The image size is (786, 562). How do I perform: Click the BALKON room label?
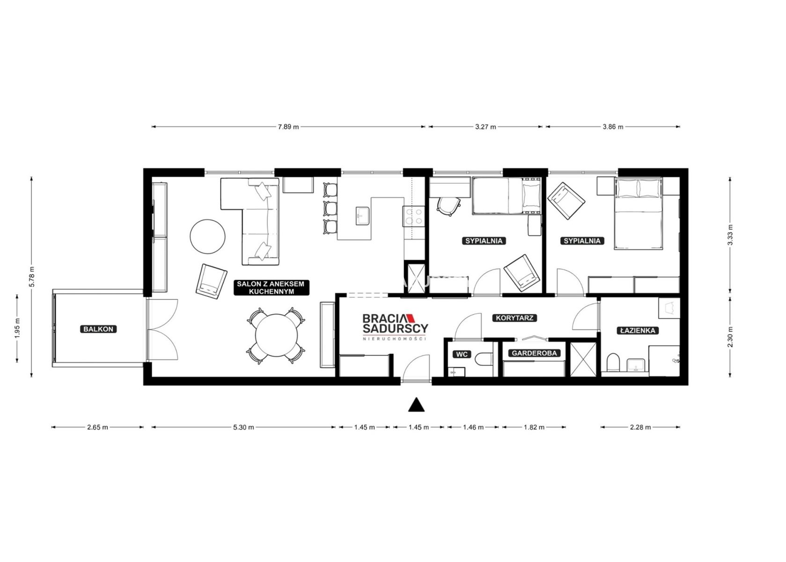[x=98, y=329]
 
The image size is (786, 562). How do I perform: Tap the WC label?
[x=462, y=355]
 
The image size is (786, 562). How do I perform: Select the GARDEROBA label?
[x=534, y=353]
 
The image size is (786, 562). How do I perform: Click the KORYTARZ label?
[x=514, y=318]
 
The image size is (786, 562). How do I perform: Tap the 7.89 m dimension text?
[x=288, y=127]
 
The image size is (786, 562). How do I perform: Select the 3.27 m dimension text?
[x=485, y=127]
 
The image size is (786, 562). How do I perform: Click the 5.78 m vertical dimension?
[x=32, y=276]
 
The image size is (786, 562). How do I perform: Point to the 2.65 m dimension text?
[x=97, y=427]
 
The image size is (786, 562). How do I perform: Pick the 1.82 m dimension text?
[x=534, y=427]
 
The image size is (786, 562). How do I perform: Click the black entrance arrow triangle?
[x=416, y=404]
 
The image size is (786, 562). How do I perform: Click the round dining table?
[x=276, y=336]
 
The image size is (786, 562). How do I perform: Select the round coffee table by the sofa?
[x=207, y=237]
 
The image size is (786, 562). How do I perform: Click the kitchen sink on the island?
[x=362, y=215]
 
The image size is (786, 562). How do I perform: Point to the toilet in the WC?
[x=484, y=359]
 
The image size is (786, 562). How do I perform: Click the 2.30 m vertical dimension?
[x=730, y=337]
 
